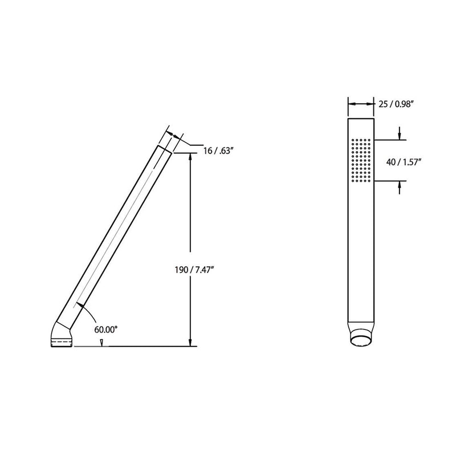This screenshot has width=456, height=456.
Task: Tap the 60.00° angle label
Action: point(107,329)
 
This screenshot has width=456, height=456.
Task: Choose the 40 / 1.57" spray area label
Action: point(403,162)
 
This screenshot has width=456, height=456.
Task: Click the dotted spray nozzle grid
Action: point(361,160)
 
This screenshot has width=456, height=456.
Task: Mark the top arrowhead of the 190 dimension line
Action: point(190,157)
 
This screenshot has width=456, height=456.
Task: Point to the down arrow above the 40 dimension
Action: point(400,136)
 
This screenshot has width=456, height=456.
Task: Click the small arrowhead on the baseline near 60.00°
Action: point(101,343)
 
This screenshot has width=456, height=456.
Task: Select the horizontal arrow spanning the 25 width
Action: point(360,104)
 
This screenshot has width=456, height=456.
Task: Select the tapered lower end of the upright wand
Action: point(360,327)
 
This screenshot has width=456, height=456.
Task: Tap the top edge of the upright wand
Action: point(360,119)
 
